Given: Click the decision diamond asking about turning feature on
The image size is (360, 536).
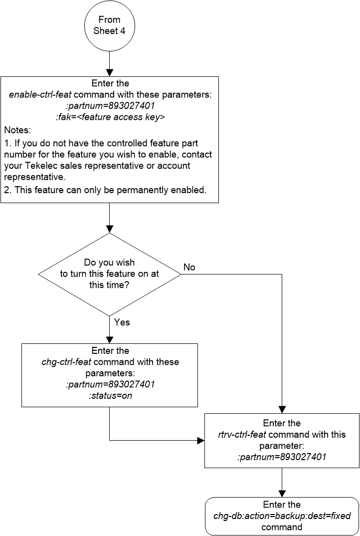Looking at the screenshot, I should [109, 273].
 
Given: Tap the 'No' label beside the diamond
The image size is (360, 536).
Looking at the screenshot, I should [189, 268].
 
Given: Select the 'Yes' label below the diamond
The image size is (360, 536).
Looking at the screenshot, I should [122, 322].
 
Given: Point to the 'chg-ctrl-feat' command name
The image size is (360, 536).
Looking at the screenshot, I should [66, 362].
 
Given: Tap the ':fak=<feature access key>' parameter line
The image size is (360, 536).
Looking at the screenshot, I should [110, 118].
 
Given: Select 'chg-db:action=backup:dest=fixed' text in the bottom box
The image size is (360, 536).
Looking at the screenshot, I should [282, 516].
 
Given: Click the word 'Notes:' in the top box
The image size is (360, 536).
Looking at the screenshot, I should [17, 130].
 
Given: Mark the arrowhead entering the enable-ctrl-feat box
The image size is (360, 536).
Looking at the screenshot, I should [109, 72].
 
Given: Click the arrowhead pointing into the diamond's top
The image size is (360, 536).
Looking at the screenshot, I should [109, 229].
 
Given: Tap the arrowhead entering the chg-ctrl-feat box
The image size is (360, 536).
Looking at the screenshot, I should [109, 339].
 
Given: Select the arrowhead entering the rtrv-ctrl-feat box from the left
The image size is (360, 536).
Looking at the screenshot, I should [201, 441].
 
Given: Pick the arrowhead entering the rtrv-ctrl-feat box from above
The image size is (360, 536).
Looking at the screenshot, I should [282, 409].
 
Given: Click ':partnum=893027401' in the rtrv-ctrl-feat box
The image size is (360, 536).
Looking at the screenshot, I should [282, 456].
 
